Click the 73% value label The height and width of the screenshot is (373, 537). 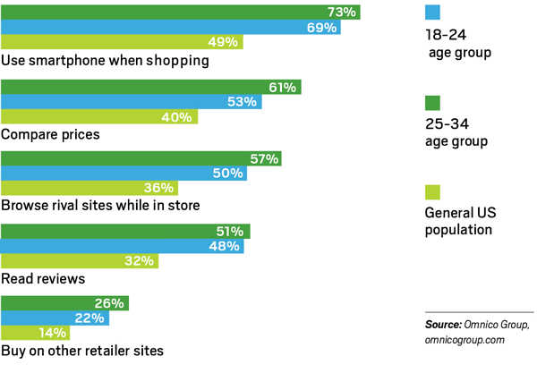click(342, 12)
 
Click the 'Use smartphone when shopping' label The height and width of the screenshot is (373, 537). click(106, 62)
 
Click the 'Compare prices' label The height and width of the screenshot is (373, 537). click(51, 134)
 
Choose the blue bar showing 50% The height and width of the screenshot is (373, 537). click(107, 174)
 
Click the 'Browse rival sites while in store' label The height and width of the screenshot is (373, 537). click(100, 206)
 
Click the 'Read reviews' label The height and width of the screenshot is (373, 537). click(44, 278)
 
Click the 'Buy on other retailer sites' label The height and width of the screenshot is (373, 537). click(82, 352)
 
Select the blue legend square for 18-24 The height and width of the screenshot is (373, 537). click(430, 12)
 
